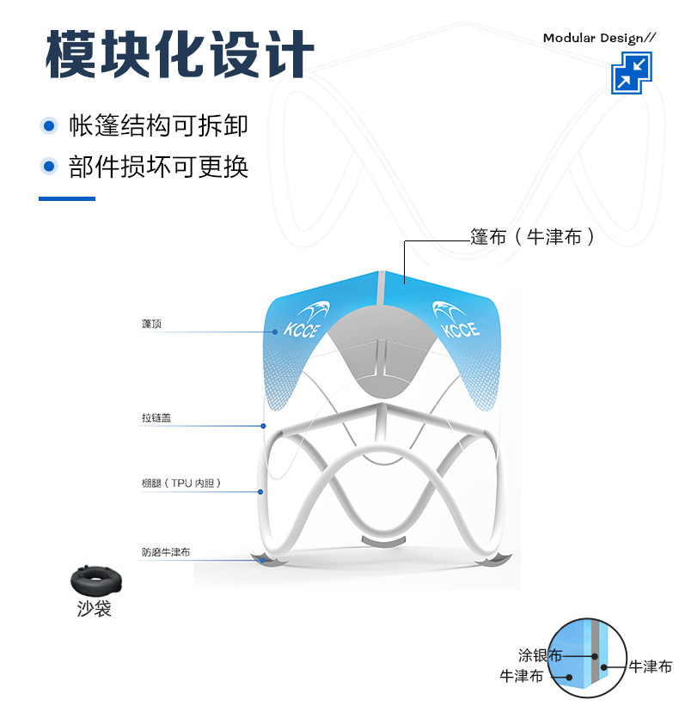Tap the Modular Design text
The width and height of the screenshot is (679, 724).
pyautogui.click(x=599, y=38)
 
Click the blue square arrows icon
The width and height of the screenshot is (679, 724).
pyautogui.click(x=632, y=72)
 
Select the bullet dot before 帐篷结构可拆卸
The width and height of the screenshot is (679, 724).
pyautogui.click(x=49, y=126)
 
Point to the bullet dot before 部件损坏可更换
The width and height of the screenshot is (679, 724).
pyautogui.click(x=49, y=166)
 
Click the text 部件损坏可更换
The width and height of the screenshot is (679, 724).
pyautogui.click(x=158, y=166)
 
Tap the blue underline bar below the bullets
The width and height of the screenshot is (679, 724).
pyautogui.click(x=67, y=198)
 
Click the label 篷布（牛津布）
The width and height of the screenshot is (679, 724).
pyautogui.click(x=532, y=237)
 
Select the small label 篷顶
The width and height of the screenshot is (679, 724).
pyautogui.click(x=151, y=324)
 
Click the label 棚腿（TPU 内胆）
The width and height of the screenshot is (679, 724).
pyautogui.click(x=181, y=484)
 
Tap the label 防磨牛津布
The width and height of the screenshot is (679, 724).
pyautogui.click(x=166, y=552)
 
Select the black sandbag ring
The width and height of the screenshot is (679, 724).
pyautogui.click(x=96, y=581)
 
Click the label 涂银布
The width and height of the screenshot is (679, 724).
pyautogui.click(x=539, y=655)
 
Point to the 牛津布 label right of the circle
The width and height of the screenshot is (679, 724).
pyautogui.click(x=650, y=666)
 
